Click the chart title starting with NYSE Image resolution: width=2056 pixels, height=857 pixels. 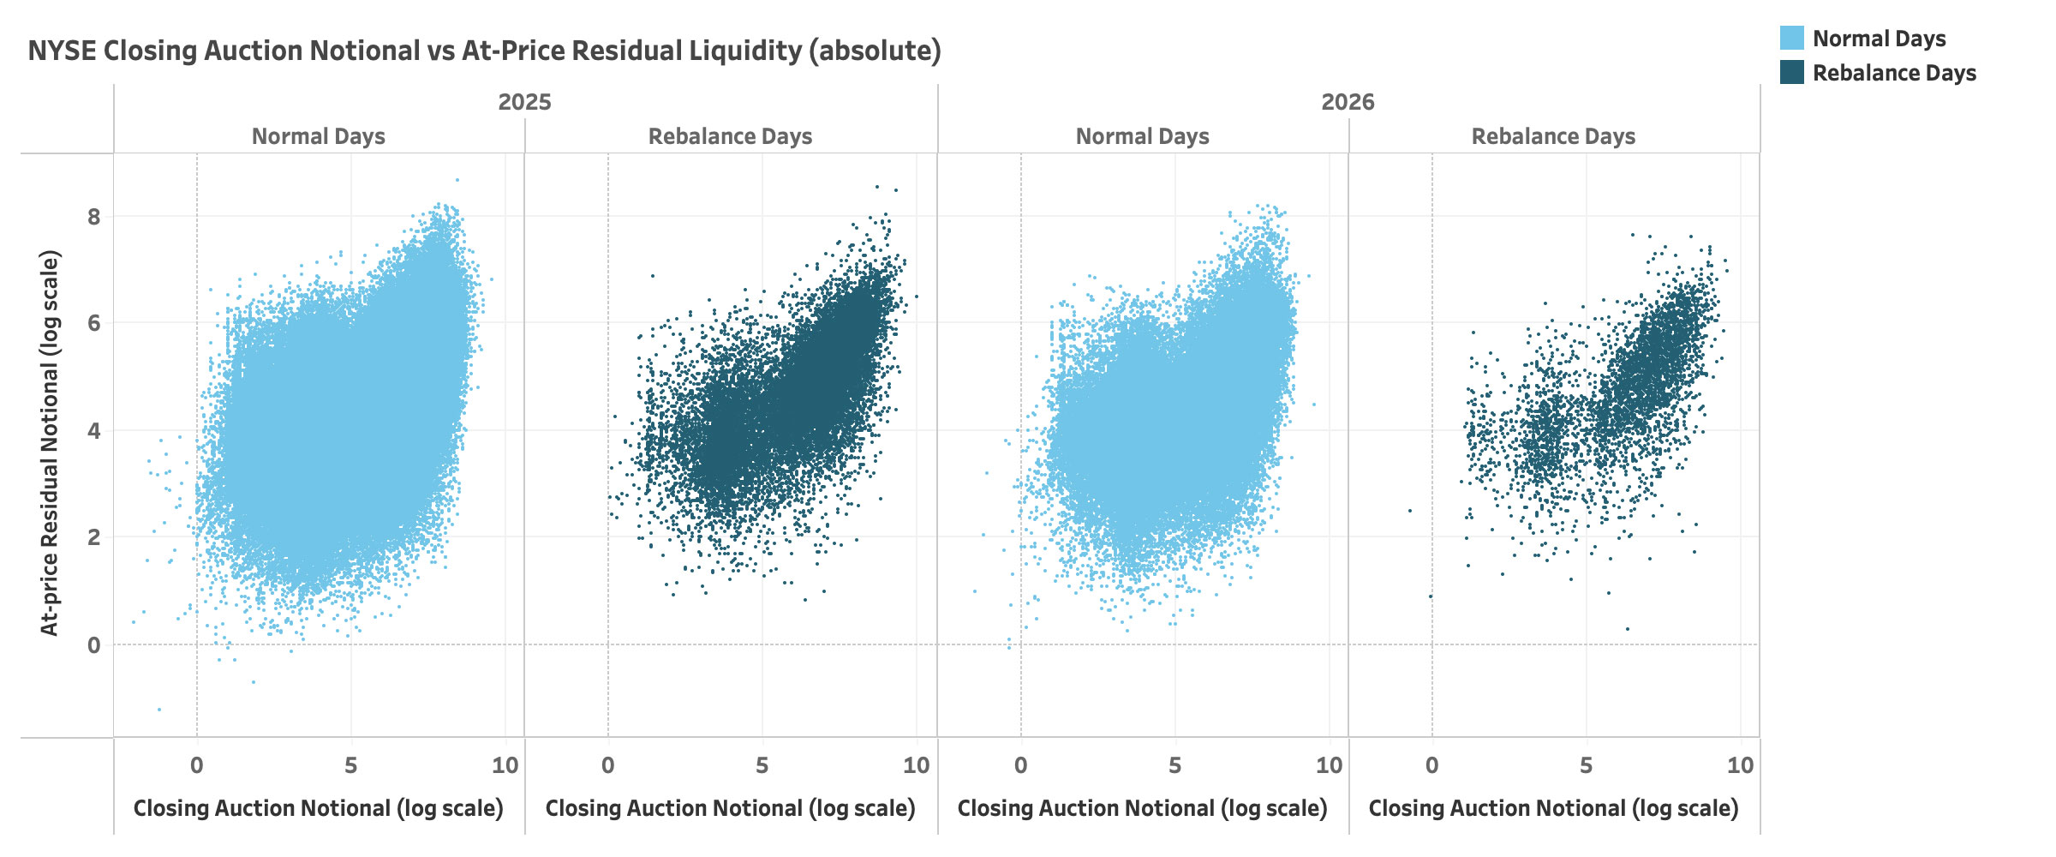tap(484, 51)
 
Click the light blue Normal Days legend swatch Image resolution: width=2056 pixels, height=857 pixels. tap(1791, 39)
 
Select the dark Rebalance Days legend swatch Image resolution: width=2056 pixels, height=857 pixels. tap(1791, 73)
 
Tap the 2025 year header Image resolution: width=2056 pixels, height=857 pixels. tap(524, 102)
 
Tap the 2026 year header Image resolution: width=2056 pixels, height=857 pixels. tap(1348, 102)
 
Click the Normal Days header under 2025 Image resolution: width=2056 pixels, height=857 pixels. tap(318, 136)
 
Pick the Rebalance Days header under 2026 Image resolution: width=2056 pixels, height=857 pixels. tap(1553, 136)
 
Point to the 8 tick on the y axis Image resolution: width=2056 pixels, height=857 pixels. tap(93, 217)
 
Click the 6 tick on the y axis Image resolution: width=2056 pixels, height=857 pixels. tap(93, 323)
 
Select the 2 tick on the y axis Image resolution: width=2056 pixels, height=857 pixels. tap(93, 537)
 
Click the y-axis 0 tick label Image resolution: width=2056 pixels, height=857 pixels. tap(93, 645)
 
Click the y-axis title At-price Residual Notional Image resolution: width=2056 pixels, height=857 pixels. tap(50, 443)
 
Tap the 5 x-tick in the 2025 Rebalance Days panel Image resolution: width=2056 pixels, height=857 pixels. tap(762, 765)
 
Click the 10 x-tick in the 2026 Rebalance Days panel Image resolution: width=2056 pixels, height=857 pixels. tap(1740, 765)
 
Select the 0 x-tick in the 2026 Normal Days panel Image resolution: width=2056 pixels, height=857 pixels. tap(1020, 765)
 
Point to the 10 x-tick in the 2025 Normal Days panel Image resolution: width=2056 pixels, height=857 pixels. tap(505, 765)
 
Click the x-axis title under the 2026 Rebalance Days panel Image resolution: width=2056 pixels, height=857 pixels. tap(1553, 808)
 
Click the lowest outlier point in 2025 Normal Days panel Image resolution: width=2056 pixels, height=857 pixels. tap(159, 710)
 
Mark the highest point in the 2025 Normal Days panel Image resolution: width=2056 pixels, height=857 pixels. tap(457, 180)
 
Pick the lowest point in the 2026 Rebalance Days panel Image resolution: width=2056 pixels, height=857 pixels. tap(1628, 629)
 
